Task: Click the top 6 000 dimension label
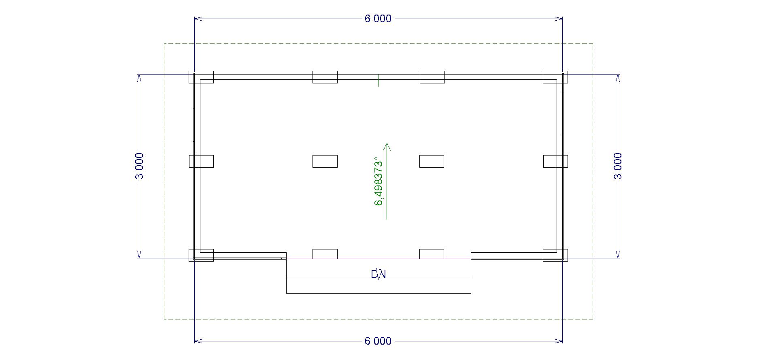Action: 378,19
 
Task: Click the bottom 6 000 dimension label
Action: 378,341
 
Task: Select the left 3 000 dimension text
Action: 139,166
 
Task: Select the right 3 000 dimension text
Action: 618,166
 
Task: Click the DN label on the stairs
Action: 378,275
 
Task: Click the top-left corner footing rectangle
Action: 201,77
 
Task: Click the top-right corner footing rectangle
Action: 555,77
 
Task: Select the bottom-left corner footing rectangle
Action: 201,255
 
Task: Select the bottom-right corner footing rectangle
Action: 555,255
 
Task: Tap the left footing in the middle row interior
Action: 325,161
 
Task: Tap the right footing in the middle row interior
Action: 432,161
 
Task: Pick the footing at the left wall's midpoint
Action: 201,161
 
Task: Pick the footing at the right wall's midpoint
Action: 555,161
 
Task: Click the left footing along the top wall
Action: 325,77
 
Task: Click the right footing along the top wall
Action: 432,77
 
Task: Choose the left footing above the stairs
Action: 325,254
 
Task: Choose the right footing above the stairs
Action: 432,254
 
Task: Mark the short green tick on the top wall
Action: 378,81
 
